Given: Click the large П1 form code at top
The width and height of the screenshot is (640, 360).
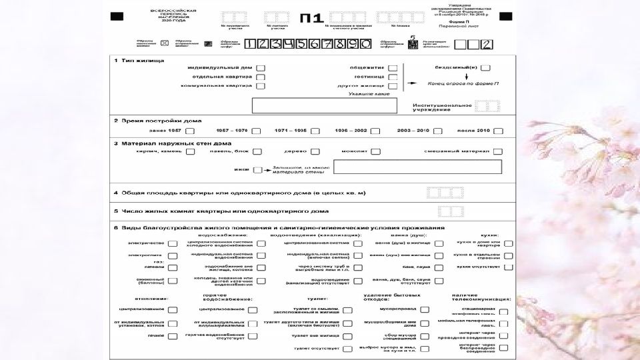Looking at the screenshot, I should coord(307,18).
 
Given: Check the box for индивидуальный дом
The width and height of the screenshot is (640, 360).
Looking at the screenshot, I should coord(261,67).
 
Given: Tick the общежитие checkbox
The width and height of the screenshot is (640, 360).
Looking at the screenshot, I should coord(393,67).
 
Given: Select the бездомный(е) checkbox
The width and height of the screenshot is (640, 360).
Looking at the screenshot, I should coord(485,67).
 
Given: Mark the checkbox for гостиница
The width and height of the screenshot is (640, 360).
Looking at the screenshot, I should coord(393,77).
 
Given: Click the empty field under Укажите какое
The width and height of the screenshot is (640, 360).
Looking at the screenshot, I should coord(324,105).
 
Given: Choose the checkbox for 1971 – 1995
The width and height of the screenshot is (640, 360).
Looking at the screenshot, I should coord(315,131).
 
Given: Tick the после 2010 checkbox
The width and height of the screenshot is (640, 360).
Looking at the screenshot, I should coord(498,131).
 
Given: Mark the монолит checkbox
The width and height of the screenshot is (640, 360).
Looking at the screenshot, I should coord(376,151).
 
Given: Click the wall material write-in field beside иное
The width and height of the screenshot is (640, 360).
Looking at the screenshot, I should coord(417,167).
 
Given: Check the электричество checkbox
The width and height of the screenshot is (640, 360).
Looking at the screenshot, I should coord(173,243).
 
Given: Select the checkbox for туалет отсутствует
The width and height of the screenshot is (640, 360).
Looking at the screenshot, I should coord(347,349).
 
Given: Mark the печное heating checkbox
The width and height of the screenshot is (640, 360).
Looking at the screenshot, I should coord(173,336).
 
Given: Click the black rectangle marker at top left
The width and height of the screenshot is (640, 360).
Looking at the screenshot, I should coord(117,16).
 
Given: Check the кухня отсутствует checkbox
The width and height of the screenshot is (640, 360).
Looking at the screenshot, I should coord(509,267).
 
